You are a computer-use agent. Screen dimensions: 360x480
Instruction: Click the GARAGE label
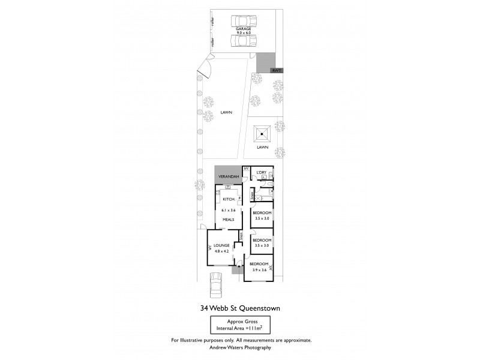[243, 29]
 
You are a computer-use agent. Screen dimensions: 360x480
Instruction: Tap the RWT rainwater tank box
[277, 70]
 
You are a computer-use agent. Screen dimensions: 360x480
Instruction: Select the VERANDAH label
[229, 176]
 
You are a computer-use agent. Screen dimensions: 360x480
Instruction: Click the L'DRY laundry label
[261, 173]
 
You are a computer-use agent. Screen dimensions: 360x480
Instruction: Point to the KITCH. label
[229, 199]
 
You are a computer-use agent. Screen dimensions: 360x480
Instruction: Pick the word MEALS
[229, 219]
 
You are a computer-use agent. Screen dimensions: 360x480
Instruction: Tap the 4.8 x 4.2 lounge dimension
[222, 251]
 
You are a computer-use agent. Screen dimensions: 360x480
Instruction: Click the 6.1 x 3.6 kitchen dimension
[229, 211]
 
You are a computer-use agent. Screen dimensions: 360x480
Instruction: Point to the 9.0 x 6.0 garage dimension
[243, 34]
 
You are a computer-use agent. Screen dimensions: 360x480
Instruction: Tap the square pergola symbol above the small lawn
[262, 133]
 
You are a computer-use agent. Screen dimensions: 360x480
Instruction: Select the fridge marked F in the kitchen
[240, 197]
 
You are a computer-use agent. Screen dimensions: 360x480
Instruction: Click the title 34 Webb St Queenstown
[240, 309]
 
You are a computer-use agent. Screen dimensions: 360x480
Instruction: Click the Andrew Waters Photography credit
[240, 347]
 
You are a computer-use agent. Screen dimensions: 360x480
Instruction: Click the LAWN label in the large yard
[226, 112]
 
